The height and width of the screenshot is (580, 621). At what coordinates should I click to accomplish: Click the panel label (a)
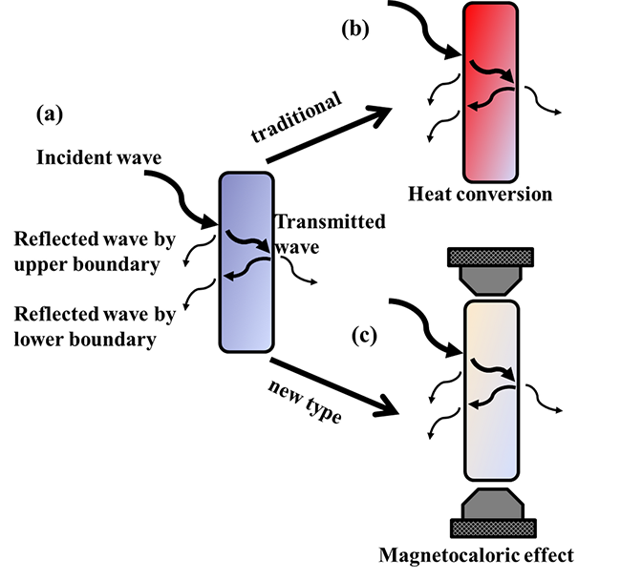coord(50,115)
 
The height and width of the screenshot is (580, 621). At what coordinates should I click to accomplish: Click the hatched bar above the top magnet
coord(490,257)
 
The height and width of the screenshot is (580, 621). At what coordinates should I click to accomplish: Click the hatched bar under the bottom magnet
coord(490,528)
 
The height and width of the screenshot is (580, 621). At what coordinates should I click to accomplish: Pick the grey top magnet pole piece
coord(490,280)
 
